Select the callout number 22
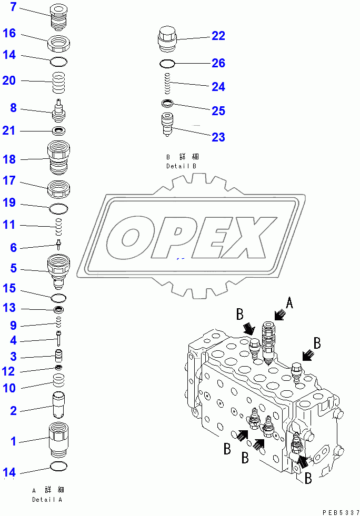pos(218,36)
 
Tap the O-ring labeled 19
pos(59,209)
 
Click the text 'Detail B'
pos(182,166)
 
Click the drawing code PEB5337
pos(339,511)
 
